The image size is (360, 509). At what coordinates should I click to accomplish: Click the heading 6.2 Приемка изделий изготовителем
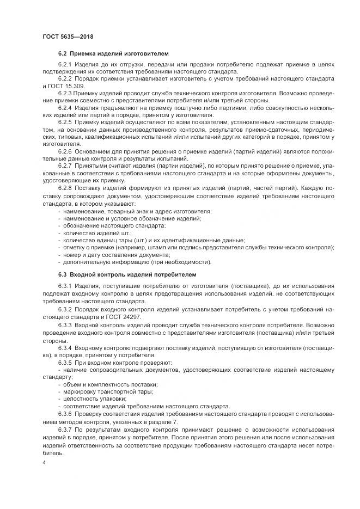[113, 53]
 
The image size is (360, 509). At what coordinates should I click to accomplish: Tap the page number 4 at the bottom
[44, 462]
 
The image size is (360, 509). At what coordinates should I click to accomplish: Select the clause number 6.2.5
[66, 122]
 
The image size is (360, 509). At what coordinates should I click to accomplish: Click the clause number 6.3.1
[66, 286]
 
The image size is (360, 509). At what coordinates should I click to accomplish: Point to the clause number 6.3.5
[66, 362]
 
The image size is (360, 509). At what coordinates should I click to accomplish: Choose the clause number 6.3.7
[66, 430]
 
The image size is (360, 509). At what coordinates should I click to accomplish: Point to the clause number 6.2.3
[66, 94]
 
